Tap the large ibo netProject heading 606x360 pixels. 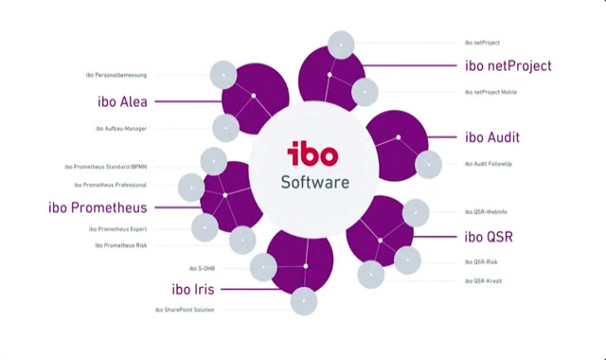pyautogui.click(x=508, y=65)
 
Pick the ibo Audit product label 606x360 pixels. pyautogui.click(x=492, y=137)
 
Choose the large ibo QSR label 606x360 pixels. pyautogui.click(x=489, y=236)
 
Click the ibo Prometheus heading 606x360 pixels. pyautogui.click(x=97, y=207)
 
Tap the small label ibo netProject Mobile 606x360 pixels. pyautogui.click(x=497, y=92)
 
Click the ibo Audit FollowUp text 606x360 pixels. pyautogui.click(x=489, y=164)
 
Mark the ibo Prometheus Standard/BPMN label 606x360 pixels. pyautogui.click(x=112, y=166)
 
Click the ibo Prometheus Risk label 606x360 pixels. pyautogui.click(x=120, y=245)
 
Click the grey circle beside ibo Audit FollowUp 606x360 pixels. pyautogui.click(x=428, y=164)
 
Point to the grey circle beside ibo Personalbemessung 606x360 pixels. pyautogui.click(x=223, y=74)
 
